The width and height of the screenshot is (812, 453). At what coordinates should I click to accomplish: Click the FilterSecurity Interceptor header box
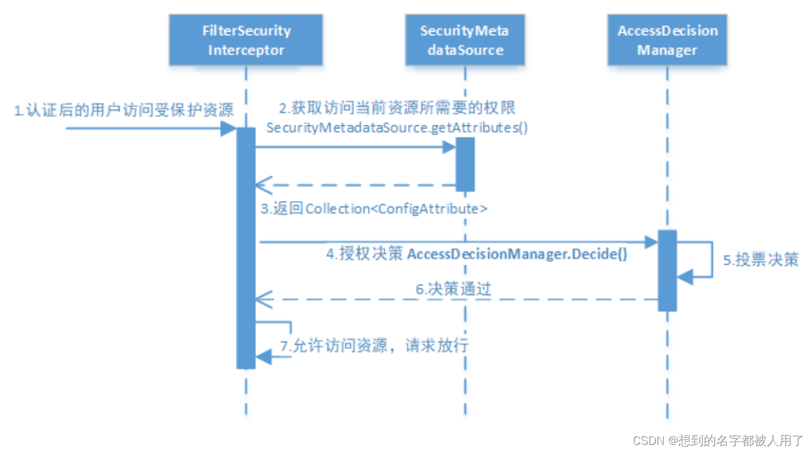[246, 40]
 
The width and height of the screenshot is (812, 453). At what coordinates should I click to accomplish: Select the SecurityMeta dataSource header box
[465, 40]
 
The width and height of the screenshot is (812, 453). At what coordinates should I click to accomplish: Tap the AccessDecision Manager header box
[667, 40]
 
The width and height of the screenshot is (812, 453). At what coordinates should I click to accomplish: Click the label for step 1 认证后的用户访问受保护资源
[124, 112]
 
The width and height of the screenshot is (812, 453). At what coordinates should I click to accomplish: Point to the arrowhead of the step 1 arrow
[228, 129]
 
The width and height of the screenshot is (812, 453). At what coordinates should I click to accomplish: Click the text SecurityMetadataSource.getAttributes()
[397, 128]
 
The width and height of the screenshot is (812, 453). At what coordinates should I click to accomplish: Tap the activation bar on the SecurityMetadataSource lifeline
[465, 164]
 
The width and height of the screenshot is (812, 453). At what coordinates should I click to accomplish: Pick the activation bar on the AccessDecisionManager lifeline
[667, 270]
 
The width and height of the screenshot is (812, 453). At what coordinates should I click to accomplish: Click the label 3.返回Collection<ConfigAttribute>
[374, 209]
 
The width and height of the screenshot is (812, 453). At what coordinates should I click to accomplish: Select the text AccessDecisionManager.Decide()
[518, 256]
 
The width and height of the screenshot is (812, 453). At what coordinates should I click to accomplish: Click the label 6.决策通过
[453, 289]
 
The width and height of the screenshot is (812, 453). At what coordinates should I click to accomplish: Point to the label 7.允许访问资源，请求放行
[375, 345]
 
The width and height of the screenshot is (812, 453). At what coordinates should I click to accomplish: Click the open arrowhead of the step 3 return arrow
[262, 186]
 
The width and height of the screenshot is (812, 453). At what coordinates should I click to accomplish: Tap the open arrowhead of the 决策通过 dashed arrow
[262, 300]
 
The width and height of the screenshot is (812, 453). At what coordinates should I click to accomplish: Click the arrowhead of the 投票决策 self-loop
[685, 275]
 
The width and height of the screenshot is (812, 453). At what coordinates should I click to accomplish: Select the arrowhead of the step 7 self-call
[264, 357]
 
